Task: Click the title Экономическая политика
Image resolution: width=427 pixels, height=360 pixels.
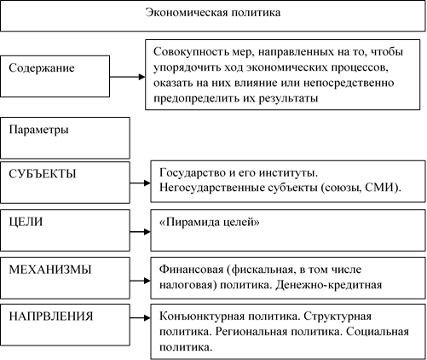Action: tap(213, 13)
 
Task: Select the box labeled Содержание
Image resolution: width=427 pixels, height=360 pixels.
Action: tap(55, 76)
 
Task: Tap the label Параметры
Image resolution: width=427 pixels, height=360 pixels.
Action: tap(38, 130)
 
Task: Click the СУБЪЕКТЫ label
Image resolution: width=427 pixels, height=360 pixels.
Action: tap(43, 174)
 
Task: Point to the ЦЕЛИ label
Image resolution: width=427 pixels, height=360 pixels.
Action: tap(26, 222)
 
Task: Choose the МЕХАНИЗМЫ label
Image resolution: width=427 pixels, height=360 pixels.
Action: tap(50, 270)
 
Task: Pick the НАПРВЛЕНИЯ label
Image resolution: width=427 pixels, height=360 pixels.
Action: tap(51, 316)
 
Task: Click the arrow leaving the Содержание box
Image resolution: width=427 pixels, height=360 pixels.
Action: tap(128, 77)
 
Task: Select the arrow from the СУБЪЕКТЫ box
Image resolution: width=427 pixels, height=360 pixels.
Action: tap(141, 183)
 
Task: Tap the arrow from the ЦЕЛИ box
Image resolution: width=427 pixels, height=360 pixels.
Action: tap(141, 232)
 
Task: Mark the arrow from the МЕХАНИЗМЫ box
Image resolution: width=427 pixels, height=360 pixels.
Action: tap(141, 281)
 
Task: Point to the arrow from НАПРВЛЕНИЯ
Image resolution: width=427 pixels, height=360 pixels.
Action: tap(141, 317)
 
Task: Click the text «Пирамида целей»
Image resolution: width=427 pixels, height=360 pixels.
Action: tap(210, 222)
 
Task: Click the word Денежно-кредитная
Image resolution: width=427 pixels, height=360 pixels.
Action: tap(328, 285)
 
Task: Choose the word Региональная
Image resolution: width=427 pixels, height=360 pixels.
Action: tap(251, 332)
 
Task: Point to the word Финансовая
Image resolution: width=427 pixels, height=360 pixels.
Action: tap(192, 270)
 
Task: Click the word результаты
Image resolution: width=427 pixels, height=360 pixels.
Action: tap(288, 99)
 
